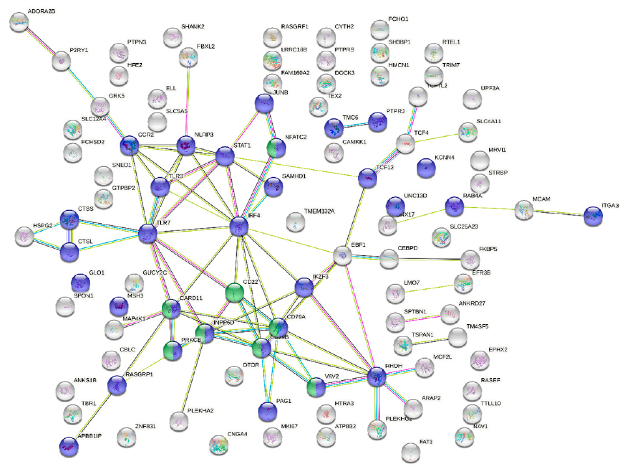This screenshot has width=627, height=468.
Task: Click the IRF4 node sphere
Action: point(240,227)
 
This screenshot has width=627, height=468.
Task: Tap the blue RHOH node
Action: point(377,376)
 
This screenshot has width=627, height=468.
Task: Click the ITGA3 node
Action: point(593,215)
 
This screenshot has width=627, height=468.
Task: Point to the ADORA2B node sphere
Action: point(20,23)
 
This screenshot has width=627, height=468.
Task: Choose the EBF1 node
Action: point(342,255)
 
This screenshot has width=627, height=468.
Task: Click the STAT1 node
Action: point(225,156)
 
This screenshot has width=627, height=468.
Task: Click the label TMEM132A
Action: point(318,212)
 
